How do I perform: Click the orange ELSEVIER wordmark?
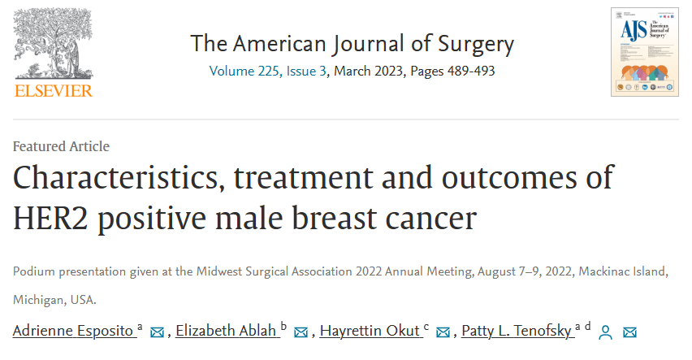pos(54,90)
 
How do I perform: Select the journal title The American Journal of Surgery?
pos(352,43)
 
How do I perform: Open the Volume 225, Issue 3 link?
pos(267,71)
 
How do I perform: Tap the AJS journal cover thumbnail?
pos(644,52)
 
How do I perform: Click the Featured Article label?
pos(61,146)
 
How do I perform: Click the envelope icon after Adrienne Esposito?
pos(157,332)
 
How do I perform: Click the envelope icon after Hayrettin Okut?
pos(443,332)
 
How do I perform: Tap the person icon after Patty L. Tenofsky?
pos(604,332)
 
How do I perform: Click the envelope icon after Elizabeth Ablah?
pos(301,332)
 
